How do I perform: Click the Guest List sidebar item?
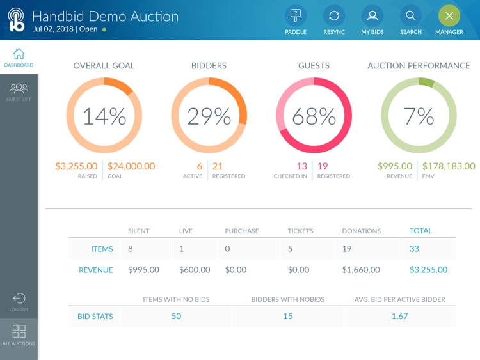click(x=19, y=91)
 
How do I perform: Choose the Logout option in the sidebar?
click(x=19, y=302)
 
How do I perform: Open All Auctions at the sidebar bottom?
click(x=19, y=334)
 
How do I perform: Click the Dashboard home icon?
click(x=19, y=57)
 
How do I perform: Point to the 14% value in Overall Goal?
click(x=104, y=116)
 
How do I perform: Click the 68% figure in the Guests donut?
click(x=314, y=116)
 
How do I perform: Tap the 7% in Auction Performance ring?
click(x=419, y=116)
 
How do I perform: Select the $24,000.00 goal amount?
click(x=131, y=166)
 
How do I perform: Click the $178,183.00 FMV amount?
click(x=449, y=166)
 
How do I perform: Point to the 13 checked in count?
click(x=301, y=166)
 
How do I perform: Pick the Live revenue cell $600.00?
click(x=195, y=270)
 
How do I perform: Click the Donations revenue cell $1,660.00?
click(x=362, y=270)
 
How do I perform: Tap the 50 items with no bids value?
click(x=176, y=316)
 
